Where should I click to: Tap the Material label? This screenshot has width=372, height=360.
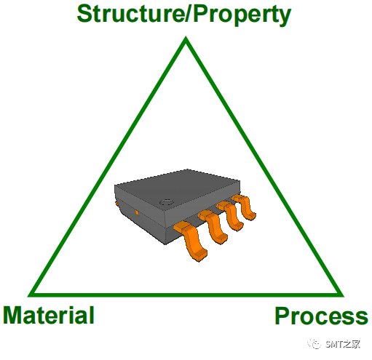49,315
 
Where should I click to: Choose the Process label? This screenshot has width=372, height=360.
321,316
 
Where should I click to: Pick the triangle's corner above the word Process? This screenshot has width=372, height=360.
343,296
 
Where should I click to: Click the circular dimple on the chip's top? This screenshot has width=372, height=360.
166,202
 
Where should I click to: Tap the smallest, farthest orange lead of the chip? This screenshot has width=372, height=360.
245,207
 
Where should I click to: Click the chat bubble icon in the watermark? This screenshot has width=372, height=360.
314,344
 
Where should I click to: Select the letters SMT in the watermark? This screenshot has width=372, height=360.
334,344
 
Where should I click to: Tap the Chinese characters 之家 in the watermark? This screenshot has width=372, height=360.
352,344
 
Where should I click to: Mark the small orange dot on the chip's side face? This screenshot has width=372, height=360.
137,213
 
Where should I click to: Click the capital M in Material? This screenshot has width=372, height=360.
12,315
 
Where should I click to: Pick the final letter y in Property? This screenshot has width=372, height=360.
285,17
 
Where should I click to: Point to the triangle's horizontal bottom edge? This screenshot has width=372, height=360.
186,295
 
